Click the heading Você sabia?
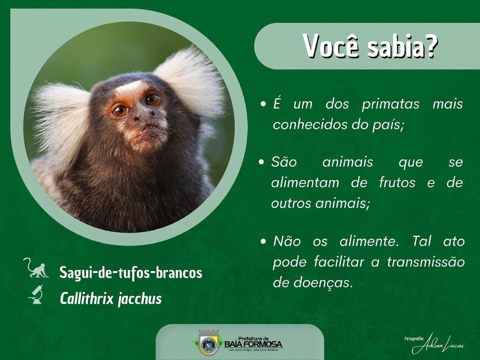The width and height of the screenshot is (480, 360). (x=370, y=46)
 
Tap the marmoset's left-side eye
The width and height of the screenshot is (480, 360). (x=120, y=111)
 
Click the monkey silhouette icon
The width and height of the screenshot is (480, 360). (x=36, y=268)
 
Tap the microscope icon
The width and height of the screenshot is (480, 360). (x=36, y=294)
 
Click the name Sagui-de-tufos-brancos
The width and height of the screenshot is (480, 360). (x=131, y=272)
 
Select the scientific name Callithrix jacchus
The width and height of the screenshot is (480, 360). (x=111, y=299)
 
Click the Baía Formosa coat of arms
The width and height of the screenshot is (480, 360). (x=209, y=342)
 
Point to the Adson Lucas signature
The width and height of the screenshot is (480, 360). (x=438, y=345)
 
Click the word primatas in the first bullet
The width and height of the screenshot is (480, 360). (x=390, y=104)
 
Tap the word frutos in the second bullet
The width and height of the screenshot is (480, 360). (x=397, y=183)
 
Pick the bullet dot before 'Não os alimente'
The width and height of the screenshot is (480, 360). (x=263, y=241)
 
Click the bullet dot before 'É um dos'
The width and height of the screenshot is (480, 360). (x=263, y=104)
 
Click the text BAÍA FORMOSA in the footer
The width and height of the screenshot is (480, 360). (x=253, y=344)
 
